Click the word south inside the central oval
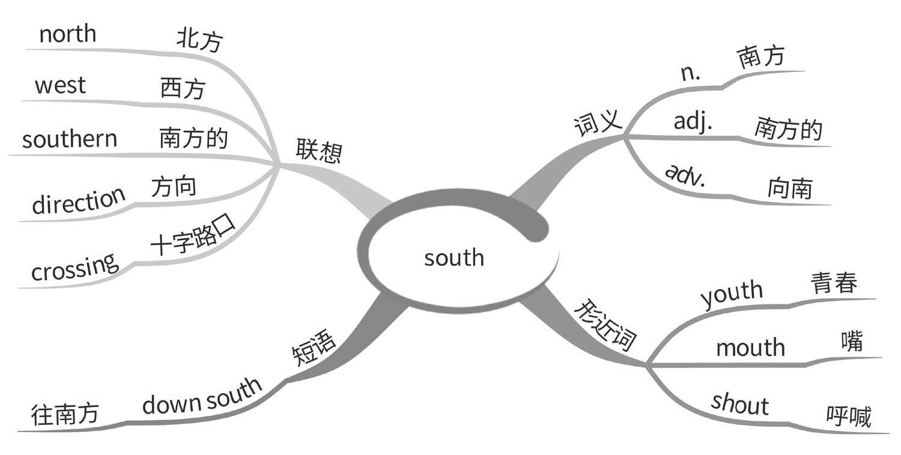click(454, 258)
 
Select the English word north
click(67, 34)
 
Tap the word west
click(60, 85)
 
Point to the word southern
click(70, 139)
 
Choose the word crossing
click(74, 268)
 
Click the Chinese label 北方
click(199, 41)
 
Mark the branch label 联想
click(319, 151)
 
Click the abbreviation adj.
click(693, 121)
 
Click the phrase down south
click(202, 396)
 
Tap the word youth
click(731, 294)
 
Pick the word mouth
click(750, 348)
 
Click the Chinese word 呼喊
click(848, 417)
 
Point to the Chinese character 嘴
click(851, 342)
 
